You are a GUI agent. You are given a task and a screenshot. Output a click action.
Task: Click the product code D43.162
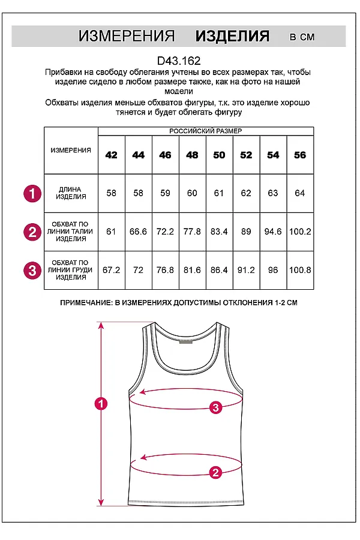pos(178,61)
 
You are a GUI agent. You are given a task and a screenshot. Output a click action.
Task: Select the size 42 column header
pos(111,155)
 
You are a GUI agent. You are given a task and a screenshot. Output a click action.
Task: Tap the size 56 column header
pos(300,155)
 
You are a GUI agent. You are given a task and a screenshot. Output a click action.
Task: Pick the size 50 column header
pos(219,155)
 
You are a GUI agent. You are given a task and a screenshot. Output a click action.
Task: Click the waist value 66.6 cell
pos(138,231)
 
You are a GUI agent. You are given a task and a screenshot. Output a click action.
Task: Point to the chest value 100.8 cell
pos(300,270)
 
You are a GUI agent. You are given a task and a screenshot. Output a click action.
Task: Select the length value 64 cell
pos(300,193)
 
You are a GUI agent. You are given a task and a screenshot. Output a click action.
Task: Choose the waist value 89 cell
pos(246,231)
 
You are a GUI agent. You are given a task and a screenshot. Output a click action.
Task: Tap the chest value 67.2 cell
pos(111,270)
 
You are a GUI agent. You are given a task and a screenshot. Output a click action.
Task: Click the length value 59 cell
pos(165,193)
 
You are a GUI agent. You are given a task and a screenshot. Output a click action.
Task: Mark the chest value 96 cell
pos(273,270)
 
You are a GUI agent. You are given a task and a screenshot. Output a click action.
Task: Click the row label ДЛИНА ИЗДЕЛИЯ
pos(71,193)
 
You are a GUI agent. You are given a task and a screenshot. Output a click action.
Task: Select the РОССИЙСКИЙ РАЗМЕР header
pos(206,131)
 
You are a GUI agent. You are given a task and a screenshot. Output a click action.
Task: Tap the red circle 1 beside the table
pos(32,193)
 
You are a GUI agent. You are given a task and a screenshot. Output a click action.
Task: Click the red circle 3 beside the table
pos(32,271)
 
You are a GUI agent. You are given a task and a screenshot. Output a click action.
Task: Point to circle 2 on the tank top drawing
pos(216,472)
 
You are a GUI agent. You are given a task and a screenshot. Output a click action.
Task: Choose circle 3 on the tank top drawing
pos(216,408)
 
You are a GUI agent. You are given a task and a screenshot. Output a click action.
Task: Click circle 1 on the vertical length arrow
pos(101,404)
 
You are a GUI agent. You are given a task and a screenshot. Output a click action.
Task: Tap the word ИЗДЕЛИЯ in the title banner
pos(232,36)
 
